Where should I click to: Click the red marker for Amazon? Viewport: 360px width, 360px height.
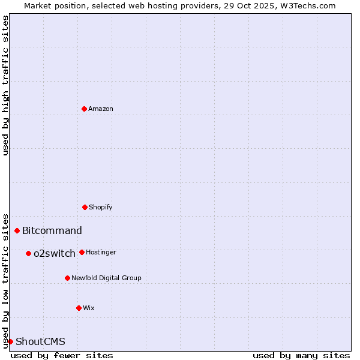click(x=84, y=109)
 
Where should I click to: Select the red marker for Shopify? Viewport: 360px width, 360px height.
click(x=85, y=207)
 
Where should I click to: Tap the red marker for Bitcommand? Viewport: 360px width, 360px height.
click(x=17, y=230)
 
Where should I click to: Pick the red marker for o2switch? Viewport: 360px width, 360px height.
click(x=28, y=253)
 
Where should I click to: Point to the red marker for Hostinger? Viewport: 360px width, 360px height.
click(x=82, y=252)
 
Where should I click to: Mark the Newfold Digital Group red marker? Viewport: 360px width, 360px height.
click(x=67, y=278)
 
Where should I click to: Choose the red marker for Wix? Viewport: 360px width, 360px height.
click(x=79, y=308)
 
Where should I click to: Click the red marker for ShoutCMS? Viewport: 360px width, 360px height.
click(x=10, y=341)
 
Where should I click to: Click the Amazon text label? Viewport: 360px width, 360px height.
click(x=101, y=109)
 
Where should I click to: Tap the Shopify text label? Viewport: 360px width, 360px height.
click(x=101, y=207)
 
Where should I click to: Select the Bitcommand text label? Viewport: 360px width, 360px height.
click(x=52, y=231)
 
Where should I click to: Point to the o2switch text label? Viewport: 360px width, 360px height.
click(x=55, y=254)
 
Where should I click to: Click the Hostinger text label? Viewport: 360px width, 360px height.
click(x=101, y=252)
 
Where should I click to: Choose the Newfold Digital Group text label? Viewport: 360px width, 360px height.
click(x=106, y=278)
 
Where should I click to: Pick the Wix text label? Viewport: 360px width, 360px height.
click(x=89, y=308)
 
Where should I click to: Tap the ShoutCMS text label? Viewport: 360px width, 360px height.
click(x=40, y=342)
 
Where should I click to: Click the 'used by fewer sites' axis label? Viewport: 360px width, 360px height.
click(x=62, y=355)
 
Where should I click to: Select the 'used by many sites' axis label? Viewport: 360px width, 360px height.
click(x=301, y=355)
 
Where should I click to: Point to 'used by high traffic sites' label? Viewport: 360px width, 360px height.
click(x=5, y=85)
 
